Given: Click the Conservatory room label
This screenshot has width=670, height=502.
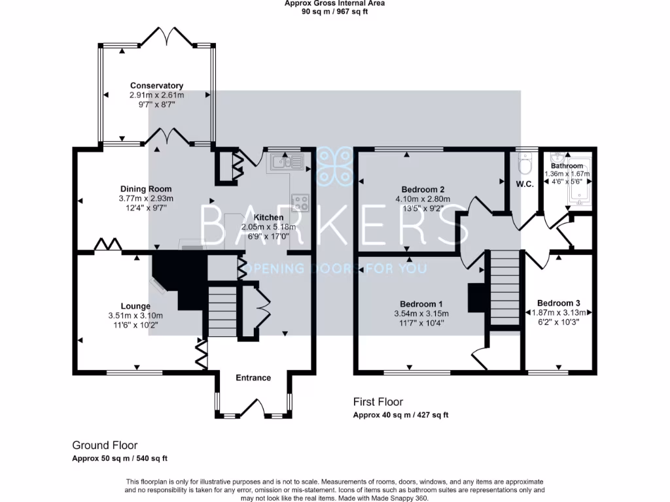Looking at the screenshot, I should tap(156, 86).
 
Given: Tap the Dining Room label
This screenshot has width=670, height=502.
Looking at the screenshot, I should tap(143, 189).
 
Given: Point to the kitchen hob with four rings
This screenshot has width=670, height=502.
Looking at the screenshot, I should tap(300, 203).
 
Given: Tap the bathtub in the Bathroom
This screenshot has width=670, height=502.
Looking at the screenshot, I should tap(578, 182).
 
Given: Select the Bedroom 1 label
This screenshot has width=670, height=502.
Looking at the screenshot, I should tap(421, 304).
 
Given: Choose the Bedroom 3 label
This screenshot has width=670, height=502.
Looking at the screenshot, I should tap(558, 303).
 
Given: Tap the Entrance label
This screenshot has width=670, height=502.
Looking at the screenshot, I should tap(253, 378).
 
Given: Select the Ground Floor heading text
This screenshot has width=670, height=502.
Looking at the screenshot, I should tap(105, 445).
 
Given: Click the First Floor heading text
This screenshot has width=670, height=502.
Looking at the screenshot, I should tap(378, 402).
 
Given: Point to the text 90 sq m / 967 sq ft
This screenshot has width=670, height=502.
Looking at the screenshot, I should tap(335, 12).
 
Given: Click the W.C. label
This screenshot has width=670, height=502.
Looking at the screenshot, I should tap(525, 184).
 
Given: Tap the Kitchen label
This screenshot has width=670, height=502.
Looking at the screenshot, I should tap(269, 217).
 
